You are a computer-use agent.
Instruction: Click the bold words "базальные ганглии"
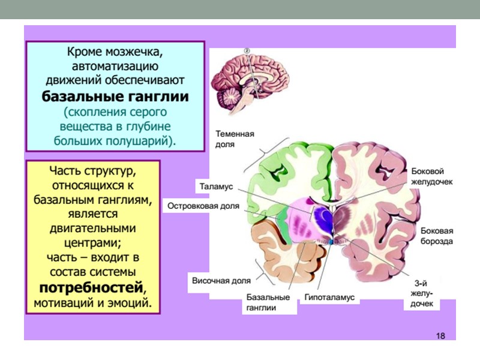tap(115, 96)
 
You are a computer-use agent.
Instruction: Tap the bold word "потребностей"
tap(92, 286)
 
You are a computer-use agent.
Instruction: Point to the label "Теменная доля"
tap(235, 139)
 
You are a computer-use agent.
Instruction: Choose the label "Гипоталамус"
tap(329, 298)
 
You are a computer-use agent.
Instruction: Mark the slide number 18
tap(440, 335)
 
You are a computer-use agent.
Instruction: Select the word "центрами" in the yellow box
tap(92, 244)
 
